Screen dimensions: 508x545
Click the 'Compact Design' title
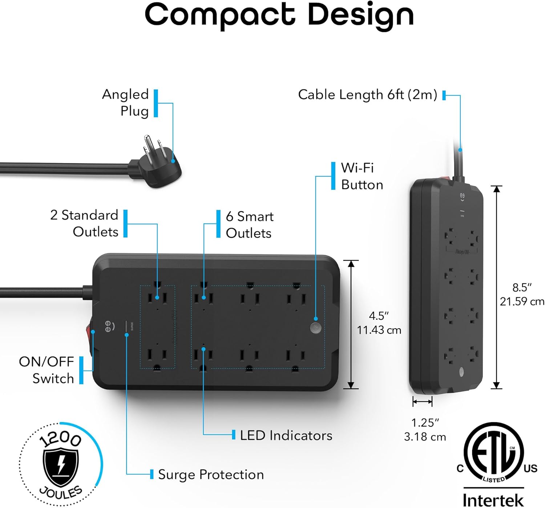[x=279, y=15]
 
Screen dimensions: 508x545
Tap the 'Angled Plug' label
[x=126, y=103]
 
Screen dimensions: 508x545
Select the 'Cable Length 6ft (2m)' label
[x=367, y=95]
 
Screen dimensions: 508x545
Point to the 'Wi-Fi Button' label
[x=362, y=176]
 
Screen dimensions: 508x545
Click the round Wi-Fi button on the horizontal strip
[x=316, y=328]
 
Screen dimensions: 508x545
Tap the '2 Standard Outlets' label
[x=84, y=223]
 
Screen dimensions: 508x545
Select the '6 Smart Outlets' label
[x=250, y=225]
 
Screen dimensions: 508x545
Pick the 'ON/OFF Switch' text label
[x=47, y=370]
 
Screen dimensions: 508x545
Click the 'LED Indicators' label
[x=286, y=435]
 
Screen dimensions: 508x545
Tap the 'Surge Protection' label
[x=211, y=475]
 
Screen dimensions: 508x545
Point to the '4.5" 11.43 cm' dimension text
[x=379, y=323]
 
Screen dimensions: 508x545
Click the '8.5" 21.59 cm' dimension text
[x=522, y=294]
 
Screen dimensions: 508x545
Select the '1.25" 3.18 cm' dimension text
[x=425, y=430]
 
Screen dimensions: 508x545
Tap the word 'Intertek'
[x=493, y=500]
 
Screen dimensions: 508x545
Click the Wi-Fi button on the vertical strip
[x=461, y=371]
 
